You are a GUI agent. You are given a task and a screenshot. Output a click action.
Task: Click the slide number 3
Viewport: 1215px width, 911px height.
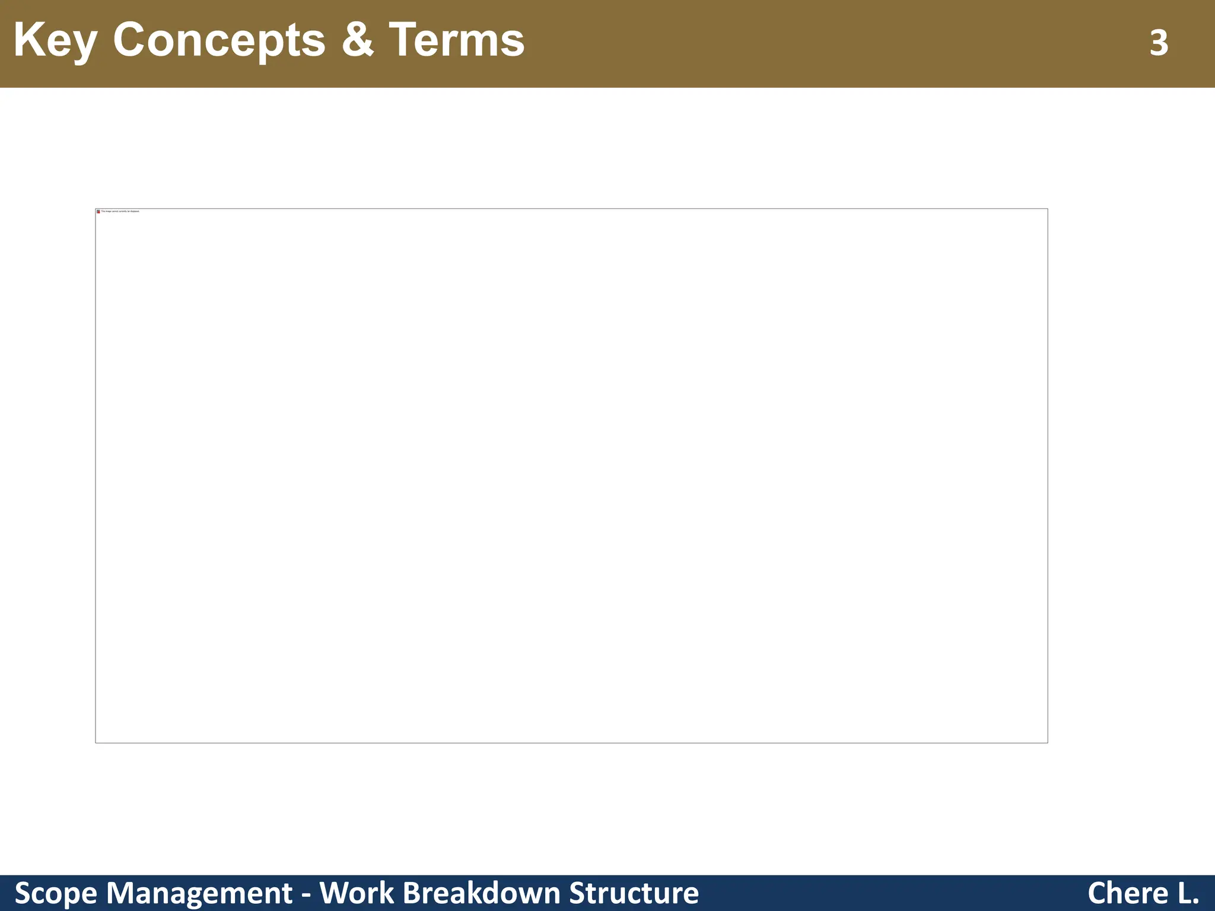pyautogui.click(x=1159, y=43)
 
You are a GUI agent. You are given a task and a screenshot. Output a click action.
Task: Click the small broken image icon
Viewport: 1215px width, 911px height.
pyautogui.click(x=98, y=212)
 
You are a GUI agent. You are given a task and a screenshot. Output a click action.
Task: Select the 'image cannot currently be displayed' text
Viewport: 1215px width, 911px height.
pyautogui.click(x=120, y=211)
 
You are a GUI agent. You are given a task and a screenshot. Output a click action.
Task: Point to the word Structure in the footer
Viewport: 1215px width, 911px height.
pyautogui.click(x=634, y=893)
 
